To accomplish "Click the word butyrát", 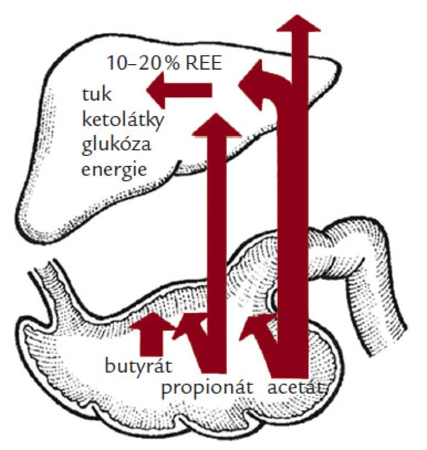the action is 138,367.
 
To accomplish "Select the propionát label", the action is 207,389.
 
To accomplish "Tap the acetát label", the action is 295,388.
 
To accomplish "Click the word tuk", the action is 97,94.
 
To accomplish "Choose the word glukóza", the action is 116,143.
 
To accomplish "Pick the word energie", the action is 114,169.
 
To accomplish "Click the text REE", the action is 204,63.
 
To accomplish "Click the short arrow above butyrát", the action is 151,334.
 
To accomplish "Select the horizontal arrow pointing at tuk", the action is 179,90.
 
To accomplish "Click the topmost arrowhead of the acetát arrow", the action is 298,23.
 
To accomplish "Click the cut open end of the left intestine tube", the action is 43,265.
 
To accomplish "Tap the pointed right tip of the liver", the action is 339,69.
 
